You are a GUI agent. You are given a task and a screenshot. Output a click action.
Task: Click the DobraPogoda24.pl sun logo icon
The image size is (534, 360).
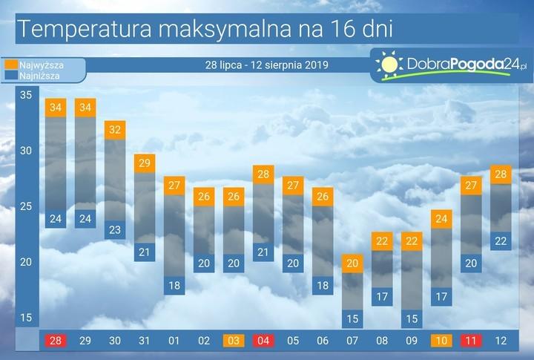pos(389,65)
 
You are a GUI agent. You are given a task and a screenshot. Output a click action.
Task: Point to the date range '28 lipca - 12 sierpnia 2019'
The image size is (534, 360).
pos(266,65)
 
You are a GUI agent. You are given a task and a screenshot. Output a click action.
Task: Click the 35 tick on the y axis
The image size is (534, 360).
pos(26,95)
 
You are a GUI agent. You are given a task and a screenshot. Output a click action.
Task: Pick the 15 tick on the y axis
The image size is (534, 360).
pos(26,318)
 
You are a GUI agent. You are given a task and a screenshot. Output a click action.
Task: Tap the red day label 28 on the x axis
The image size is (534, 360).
pos(56,341)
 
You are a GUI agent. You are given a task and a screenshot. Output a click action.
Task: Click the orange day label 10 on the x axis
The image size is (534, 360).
pos(441,341)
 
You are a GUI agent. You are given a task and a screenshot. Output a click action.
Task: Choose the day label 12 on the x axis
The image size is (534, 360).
pos(501,341)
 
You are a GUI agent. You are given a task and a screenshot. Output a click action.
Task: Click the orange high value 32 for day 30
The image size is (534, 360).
pos(115,129)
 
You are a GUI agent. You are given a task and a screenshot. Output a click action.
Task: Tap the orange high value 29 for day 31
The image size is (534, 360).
pos(145,163)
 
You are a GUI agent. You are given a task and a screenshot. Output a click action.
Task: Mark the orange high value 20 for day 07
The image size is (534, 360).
pos(352,263)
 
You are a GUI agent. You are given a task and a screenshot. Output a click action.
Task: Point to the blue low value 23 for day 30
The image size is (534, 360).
pos(115,229)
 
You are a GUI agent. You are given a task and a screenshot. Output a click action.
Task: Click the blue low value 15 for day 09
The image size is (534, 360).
pos(412,319)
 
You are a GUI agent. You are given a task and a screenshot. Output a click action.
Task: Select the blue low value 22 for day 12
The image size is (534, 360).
pos(501,240)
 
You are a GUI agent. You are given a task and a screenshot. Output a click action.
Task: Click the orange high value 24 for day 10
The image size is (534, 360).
pos(441,218)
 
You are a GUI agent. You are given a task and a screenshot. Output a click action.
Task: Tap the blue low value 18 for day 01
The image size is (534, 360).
pos(174,285)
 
